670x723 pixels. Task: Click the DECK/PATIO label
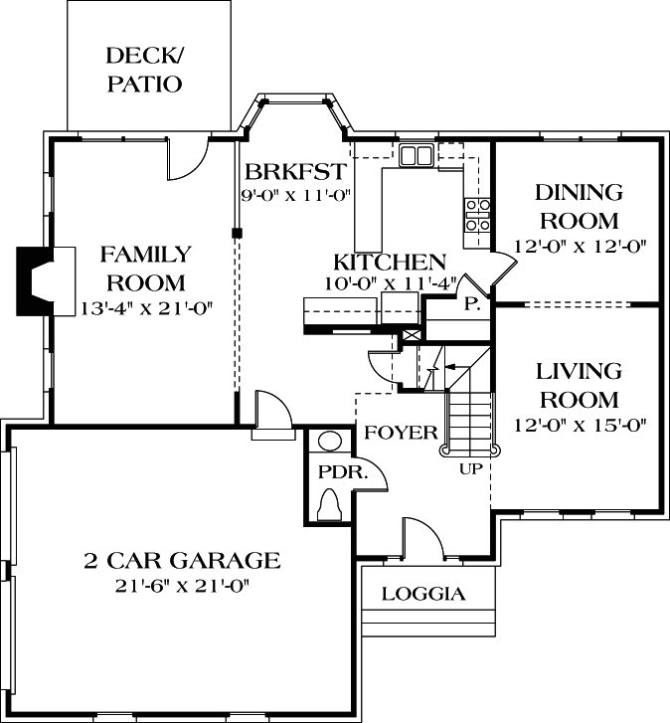pos(144,69)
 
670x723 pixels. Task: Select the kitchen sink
pos(416,156)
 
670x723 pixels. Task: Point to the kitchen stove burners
pos(476,215)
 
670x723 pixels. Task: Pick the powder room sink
pos(329,441)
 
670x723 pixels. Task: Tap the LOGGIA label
pos(423,594)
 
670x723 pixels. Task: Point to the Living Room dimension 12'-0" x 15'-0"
pos(579,426)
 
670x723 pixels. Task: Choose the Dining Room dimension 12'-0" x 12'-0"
pos(579,246)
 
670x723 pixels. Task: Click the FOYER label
pos(401,433)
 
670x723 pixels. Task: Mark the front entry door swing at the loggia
pos(421,538)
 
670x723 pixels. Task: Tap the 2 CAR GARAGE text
pos(181,560)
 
